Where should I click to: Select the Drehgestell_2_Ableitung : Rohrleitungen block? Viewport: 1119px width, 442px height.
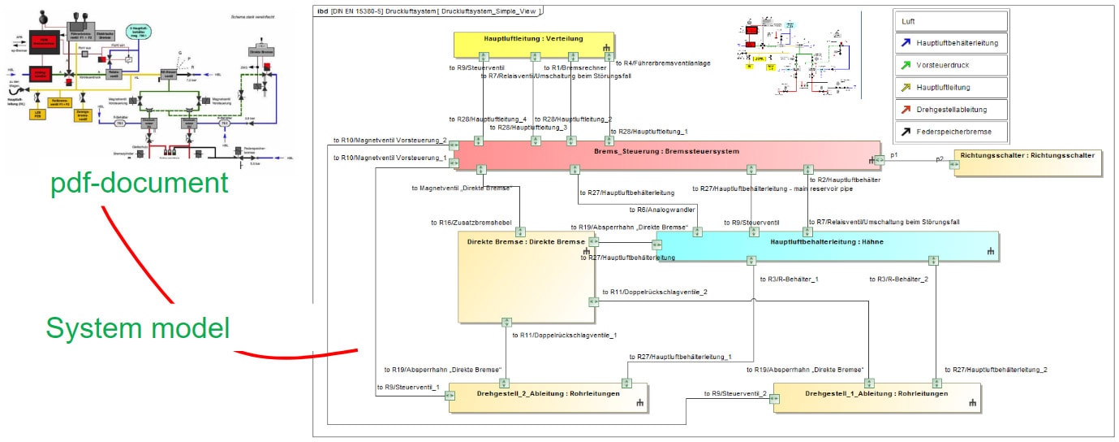point(549,397)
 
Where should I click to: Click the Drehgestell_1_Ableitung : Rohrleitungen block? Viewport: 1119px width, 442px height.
point(876,397)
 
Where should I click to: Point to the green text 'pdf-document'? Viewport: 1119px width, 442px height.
point(139,182)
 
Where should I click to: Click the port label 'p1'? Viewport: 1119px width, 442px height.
point(894,154)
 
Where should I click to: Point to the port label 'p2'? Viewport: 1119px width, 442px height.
point(940,158)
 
